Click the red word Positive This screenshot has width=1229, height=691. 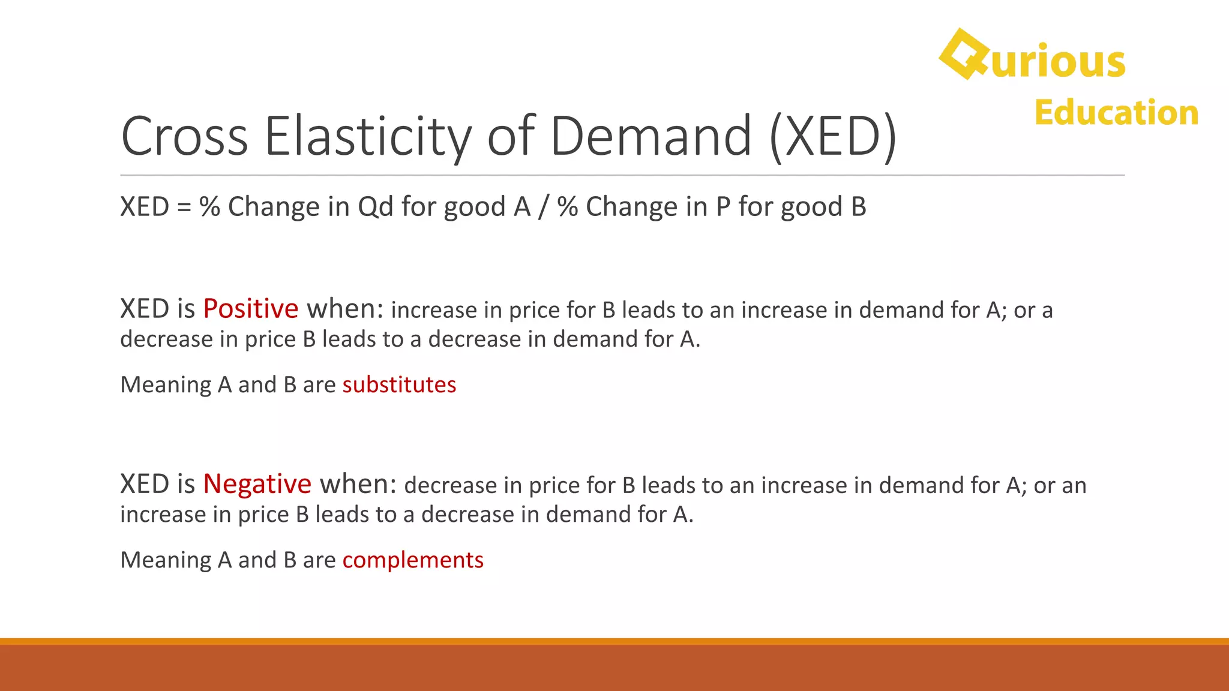(250, 309)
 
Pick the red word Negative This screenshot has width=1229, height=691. (257, 484)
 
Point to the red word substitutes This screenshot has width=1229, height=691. (399, 385)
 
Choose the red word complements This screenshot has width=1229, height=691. (413, 560)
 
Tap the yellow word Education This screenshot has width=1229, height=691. (1116, 113)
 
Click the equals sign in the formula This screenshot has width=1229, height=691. (184, 207)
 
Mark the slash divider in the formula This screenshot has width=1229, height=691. (544, 207)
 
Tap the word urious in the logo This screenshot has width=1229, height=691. (1059, 62)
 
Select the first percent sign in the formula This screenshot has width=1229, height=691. (210, 207)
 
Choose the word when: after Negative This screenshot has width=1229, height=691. (358, 484)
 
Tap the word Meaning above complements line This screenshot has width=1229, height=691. (166, 560)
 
